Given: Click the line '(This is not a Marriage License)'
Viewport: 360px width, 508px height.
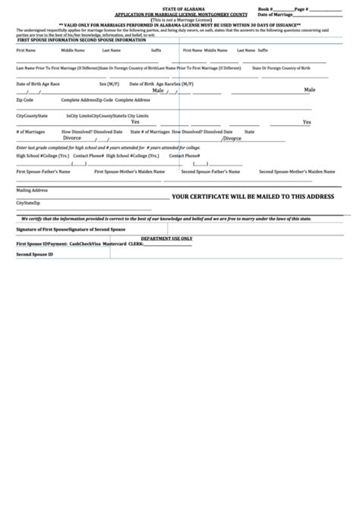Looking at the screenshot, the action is (x=180, y=19).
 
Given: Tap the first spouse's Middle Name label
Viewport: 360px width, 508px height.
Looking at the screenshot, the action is (x=73, y=49).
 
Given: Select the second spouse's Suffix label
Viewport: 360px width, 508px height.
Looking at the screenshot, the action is (x=263, y=49).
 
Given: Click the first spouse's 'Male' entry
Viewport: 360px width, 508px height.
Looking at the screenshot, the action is (x=158, y=90).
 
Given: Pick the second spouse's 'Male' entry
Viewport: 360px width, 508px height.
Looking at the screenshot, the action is (x=310, y=90).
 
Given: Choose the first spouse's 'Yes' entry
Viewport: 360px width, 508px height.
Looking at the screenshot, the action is (x=134, y=121).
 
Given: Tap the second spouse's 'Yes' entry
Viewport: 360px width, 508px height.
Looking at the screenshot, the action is (x=307, y=121).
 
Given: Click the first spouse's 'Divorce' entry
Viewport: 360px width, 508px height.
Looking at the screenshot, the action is (x=72, y=138).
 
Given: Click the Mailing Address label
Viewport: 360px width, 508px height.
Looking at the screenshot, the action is (x=32, y=190).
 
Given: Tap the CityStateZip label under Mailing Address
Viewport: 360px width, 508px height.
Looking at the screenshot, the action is (x=28, y=204).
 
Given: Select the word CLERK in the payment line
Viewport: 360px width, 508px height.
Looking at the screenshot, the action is (x=136, y=244).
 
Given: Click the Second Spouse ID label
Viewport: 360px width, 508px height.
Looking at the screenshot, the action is (x=35, y=254).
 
